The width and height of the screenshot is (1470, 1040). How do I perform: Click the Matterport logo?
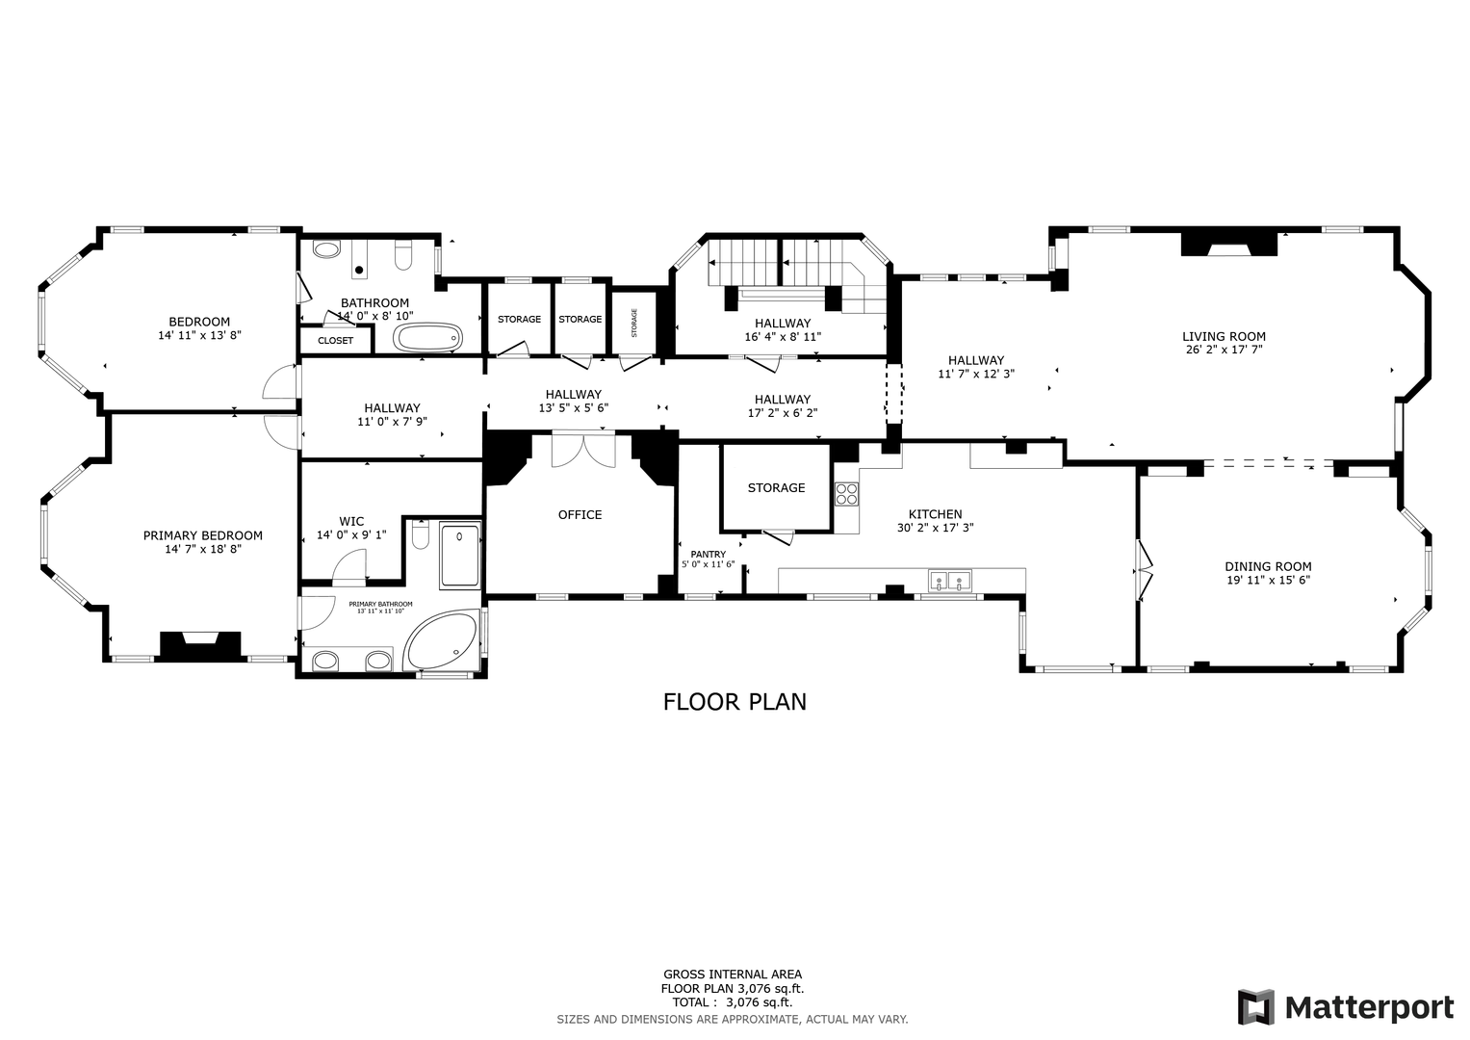1346,1006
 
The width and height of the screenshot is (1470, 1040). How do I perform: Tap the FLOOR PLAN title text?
735,702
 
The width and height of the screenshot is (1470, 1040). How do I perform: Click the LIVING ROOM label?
1224,337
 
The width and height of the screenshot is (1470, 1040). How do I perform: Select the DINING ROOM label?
1268,566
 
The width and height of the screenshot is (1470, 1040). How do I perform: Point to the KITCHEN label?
935,514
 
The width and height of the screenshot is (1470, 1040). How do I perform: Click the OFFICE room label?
580,515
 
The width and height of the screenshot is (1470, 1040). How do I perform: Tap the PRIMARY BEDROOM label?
203,535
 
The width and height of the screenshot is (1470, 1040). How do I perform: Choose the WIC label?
351,521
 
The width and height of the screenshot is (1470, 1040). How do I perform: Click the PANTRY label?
709,554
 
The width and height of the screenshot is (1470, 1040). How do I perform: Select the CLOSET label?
335,340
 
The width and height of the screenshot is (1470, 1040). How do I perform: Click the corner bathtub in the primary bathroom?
442,640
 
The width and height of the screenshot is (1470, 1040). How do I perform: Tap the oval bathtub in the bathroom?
427,337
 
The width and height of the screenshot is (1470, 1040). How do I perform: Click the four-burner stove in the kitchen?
846,494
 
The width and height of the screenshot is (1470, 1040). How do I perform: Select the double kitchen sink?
949,581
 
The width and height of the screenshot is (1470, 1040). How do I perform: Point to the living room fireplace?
1229,245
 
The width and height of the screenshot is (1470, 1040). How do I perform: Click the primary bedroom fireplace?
201,644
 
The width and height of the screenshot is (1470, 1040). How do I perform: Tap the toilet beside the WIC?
421,534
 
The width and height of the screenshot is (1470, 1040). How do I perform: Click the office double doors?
583,450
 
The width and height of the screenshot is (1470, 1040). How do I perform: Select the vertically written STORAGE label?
634,323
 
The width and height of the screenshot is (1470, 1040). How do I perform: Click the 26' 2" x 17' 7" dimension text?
1224,350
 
